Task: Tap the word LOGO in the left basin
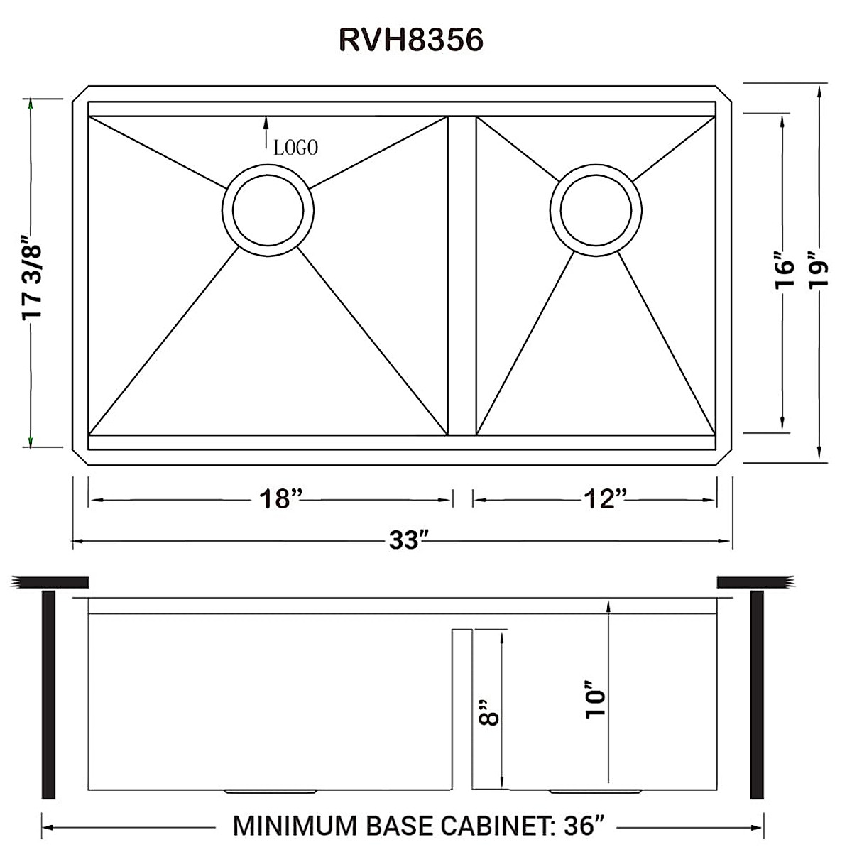point(296,147)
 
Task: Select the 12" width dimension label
point(606,499)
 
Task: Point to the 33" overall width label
point(406,542)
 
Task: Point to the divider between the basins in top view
point(461,275)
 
